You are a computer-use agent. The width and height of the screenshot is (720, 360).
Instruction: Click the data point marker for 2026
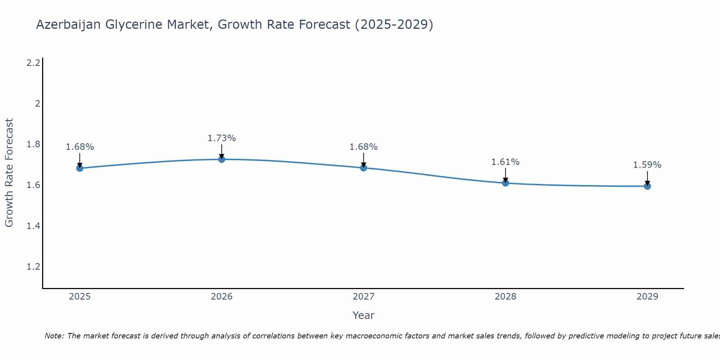tap(222, 159)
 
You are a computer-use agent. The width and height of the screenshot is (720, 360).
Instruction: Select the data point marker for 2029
tap(647, 186)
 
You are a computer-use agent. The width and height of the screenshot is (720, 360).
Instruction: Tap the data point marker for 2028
tap(505, 183)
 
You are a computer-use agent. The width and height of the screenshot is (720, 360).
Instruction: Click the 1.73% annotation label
tap(222, 138)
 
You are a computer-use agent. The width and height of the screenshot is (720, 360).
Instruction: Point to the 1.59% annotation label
tap(647, 165)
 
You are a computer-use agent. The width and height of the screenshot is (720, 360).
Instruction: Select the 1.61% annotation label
tap(505, 162)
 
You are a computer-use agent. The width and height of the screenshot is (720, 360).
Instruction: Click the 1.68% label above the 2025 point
tap(80, 147)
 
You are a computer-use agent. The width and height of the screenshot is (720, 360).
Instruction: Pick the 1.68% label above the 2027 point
tap(364, 147)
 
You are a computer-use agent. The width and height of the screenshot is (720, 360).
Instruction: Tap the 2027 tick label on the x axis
tap(364, 297)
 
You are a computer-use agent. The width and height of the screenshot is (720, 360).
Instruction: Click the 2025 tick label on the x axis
tap(80, 297)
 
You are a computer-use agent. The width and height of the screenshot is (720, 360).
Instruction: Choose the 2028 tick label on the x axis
tap(505, 297)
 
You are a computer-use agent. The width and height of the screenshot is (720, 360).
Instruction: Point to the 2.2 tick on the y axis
tap(33, 63)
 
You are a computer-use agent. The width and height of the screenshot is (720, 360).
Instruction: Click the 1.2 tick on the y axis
tap(33, 267)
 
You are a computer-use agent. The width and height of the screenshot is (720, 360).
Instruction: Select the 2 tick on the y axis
tap(37, 104)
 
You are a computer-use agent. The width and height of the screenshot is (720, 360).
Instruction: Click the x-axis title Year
tap(364, 315)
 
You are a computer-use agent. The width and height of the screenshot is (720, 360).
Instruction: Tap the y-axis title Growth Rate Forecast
tap(9, 173)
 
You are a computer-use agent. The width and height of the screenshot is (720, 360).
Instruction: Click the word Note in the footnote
tap(54, 336)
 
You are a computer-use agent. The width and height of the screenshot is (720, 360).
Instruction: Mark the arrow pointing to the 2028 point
tap(505, 175)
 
